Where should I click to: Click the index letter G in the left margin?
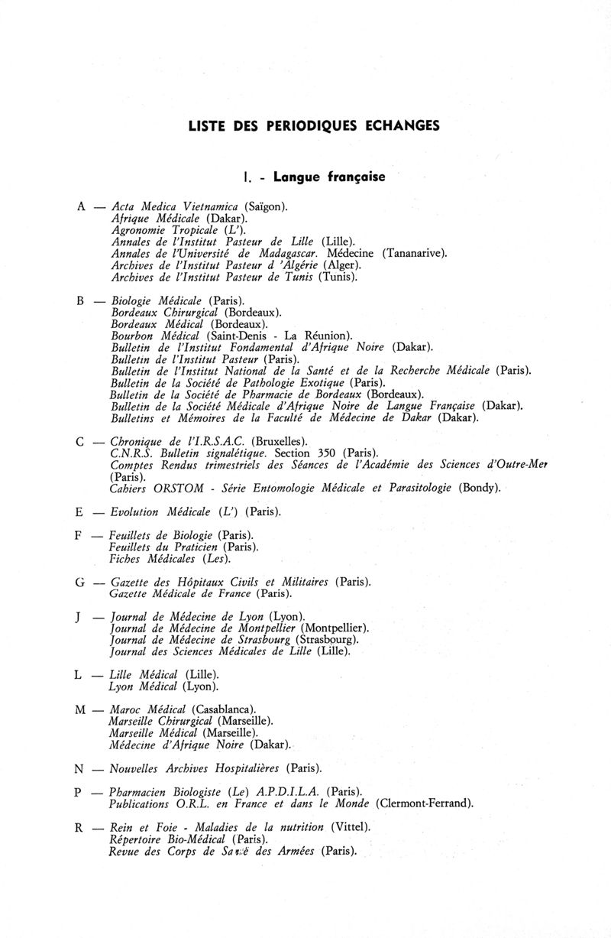[80, 583]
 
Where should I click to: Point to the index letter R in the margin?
[80, 827]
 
